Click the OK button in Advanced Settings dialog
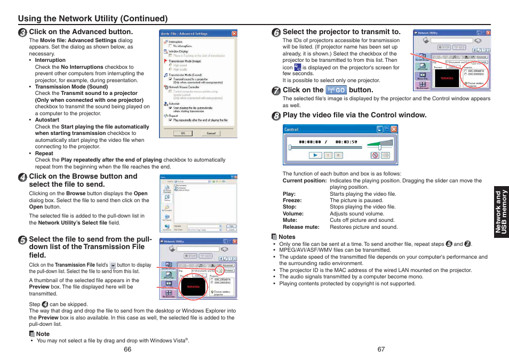point(183,133)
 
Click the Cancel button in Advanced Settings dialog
point(211,133)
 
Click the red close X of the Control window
point(394,129)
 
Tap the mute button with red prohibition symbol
point(375,155)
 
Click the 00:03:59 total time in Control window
point(346,142)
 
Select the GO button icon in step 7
point(336,90)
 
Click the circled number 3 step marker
point(22,32)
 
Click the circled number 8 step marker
point(276,115)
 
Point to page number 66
point(127,349)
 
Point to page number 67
point(381,349)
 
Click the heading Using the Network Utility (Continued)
point(93,19)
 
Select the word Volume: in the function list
point(293,214)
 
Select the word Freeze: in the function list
point(292,201)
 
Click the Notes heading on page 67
point(287,237)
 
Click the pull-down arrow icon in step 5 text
point(113,265)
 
